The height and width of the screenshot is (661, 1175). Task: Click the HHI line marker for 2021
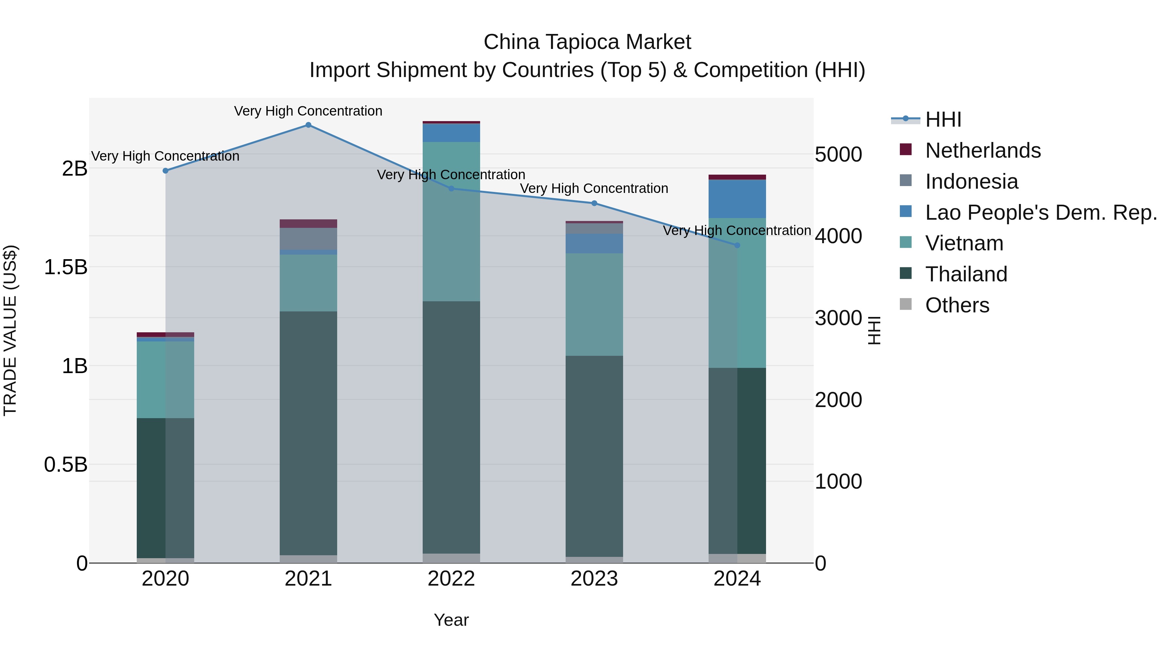[x=308, y=125]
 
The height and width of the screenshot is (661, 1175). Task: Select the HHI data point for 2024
[x=737, y=245]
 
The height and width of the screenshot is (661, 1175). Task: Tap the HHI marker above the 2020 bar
[x=165, y=171]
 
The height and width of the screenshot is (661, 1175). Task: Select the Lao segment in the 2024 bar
[x=737, y=199]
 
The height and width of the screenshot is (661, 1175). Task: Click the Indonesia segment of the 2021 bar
[x=308, y=239]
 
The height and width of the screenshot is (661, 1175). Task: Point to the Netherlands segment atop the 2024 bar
[x=737, y=177]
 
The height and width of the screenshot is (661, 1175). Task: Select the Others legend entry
[x=957, y=305]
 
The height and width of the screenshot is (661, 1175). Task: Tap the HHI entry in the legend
[x=943, y=119]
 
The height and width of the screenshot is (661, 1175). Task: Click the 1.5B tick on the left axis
[x=66, y=267]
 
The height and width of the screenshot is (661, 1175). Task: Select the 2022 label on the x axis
[x=451, y=579]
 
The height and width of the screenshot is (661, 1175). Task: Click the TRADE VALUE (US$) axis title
[x=10, y=330]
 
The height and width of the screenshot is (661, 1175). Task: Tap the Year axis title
[x=451, y=620]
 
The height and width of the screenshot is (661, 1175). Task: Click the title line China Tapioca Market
[x=587, y=42]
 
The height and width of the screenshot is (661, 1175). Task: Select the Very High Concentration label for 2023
[x=594, y=188]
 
